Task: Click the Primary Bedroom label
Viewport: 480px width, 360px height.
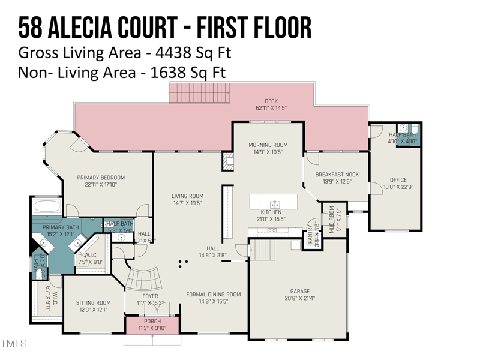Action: click(x=101, y=178)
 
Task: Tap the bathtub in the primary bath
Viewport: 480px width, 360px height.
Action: click(x=46, y=207)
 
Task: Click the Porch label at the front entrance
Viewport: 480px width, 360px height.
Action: click(x=152, y=321)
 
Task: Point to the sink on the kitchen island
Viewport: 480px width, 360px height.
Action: click(x=274, y=204)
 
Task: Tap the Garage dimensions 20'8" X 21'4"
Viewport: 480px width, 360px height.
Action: click(x=300, y=298)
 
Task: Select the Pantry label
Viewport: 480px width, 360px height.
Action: click(x=310, y=229)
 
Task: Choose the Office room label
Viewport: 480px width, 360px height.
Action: click(x=398, y=180)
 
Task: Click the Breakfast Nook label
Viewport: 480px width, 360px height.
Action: click(x=337, y=175)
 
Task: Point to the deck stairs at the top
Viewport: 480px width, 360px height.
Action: click(x=191, y=94)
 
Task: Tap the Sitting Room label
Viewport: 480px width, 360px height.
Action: click(x=94, y=303)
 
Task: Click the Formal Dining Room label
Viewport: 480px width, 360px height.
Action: click(x=214, y=295)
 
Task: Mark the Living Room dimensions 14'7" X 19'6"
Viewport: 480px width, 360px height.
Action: click(x=188, y=203)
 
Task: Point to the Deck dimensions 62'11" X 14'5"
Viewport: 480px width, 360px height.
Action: click(x=271, y=109)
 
